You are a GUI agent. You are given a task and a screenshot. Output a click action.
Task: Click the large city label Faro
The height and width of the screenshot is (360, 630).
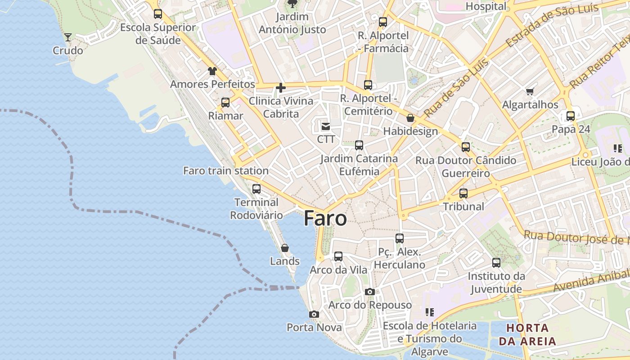[x=325, y=218]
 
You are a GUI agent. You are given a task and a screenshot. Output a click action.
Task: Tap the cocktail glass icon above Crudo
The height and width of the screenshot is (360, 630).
[x=68, y=37]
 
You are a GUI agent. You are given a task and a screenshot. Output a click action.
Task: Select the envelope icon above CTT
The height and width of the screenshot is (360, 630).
[x=326, y=126]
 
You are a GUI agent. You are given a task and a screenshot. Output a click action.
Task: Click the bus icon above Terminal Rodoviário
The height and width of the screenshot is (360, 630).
[x=256, y=189]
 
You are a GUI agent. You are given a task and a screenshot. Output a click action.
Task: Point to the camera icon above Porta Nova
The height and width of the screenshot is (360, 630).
[x=314, y=315]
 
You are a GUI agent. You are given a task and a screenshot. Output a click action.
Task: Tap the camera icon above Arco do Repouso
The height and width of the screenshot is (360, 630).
[x=370, y=292]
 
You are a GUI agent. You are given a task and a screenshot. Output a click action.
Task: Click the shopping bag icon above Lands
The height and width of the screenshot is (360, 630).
[x=285, y=248]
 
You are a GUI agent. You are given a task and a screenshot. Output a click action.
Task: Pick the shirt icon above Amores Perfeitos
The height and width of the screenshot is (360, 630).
[x=212, y=71]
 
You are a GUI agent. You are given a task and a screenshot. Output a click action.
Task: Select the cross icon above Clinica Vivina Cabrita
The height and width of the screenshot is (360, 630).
[x=281, y=88]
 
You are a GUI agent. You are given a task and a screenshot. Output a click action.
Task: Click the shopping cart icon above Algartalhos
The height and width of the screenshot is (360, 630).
[x=530, y=92]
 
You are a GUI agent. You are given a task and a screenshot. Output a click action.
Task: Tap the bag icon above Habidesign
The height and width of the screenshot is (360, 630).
[x=410, y=118]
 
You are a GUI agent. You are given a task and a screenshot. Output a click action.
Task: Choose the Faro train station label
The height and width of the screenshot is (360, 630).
[x=226, y=171]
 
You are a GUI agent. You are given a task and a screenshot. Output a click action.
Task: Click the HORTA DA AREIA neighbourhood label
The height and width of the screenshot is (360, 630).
[x=527, y=334]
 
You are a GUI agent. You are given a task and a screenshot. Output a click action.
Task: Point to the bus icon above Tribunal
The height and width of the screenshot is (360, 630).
[x=463, y=194]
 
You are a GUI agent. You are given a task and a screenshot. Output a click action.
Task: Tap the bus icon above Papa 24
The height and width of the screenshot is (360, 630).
[x=571, y=116]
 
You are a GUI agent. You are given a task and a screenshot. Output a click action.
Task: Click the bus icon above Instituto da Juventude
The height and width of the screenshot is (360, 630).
[x=496, y=263]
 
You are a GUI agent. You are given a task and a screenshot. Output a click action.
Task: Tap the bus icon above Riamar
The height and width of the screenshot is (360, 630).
[x=225, y=103]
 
